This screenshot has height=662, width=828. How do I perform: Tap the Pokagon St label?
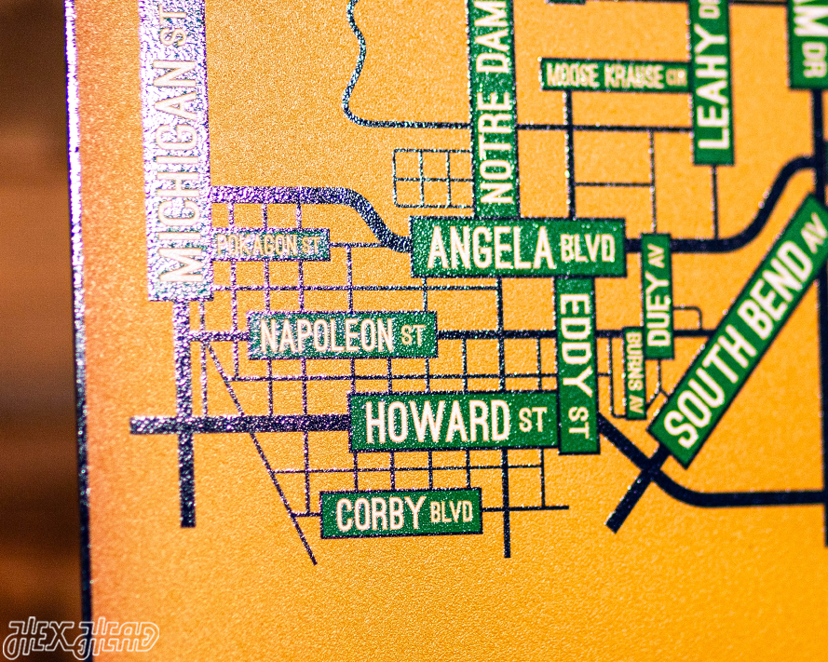tap(270, 246)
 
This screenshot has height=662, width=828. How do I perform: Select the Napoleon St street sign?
tap(342, 335)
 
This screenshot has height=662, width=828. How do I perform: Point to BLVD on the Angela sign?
tap(589, 249)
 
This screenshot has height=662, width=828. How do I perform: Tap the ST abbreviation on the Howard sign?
tap(533, 420)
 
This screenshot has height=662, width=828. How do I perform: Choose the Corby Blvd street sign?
tap(400, 513)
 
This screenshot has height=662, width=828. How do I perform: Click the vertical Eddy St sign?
tap(577, 364)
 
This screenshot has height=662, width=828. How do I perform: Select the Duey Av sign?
tap(657, 296)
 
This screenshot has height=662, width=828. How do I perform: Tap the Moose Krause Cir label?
tap(615, 75)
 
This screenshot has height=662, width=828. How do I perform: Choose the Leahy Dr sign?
tap(712, 79)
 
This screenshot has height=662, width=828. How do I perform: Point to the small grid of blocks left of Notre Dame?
tap(433, 177)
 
